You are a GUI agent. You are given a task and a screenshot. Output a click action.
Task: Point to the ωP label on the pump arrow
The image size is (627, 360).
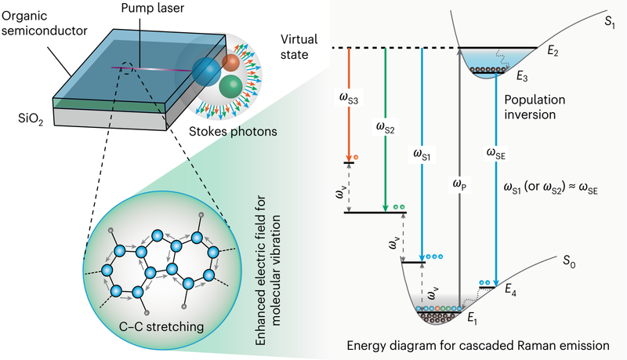click(x=462, y=184)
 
